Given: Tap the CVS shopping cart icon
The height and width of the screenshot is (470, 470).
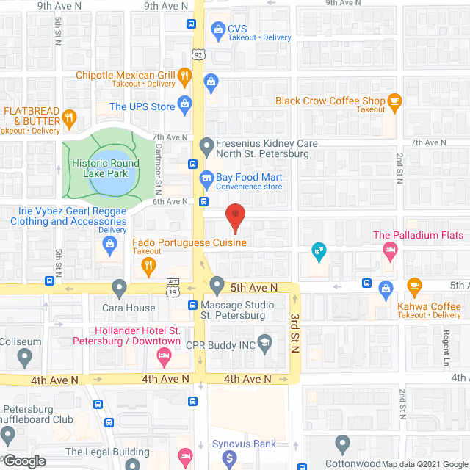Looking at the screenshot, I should point(217,29).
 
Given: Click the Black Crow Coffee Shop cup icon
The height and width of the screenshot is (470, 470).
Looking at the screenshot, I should point(395,103).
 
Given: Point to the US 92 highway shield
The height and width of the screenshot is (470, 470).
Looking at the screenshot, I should point(199,54).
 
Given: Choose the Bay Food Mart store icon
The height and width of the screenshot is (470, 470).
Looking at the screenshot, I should point(206,178).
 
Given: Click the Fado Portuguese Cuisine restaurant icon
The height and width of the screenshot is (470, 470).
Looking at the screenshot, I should point(148,265).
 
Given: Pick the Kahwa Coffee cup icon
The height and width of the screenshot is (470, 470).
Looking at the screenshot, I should point(414,285).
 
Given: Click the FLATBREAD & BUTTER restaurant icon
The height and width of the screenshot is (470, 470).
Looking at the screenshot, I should point(69,117).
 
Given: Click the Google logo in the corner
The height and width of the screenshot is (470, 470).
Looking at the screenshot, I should point(23,461).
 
